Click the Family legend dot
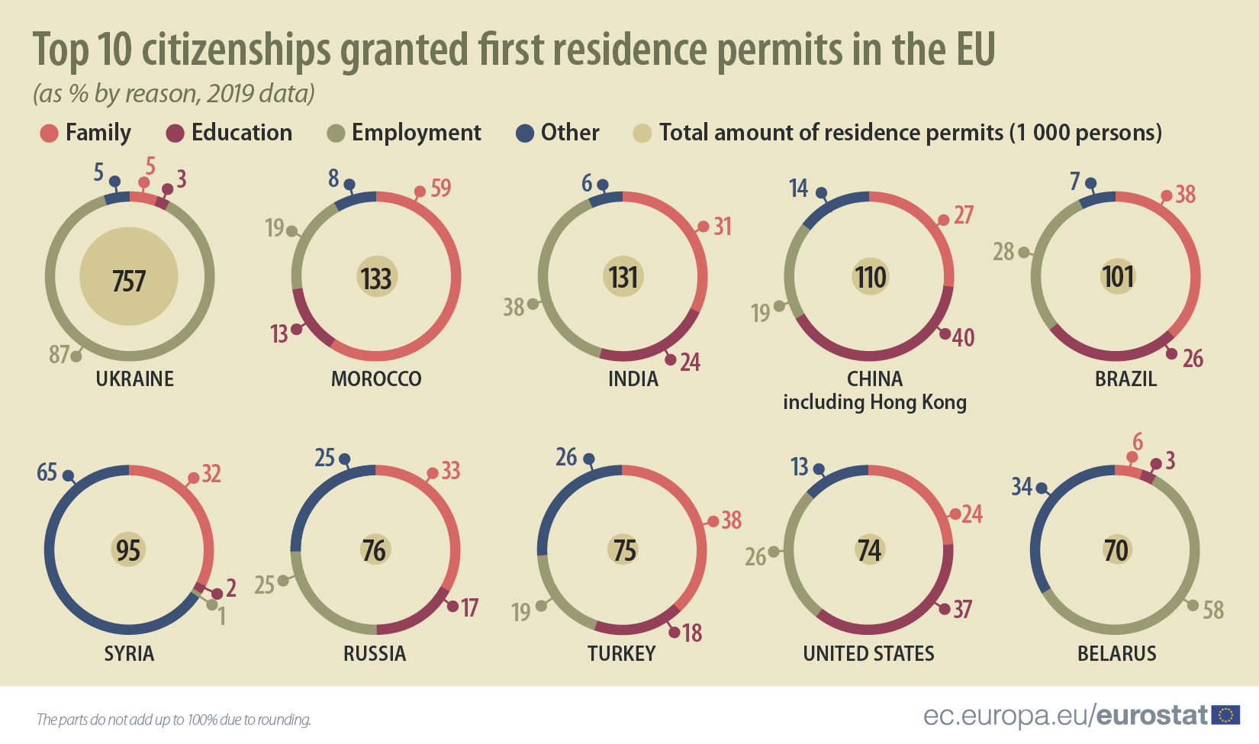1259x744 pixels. [49, 134]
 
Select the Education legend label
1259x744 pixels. [241, 133]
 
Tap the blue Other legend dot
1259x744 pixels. [524, 134]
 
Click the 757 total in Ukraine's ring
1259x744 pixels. [128, 281]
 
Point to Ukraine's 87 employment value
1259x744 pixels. [59, 355]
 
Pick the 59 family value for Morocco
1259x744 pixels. [441, 188]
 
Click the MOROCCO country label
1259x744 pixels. [375, 379]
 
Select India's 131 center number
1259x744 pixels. [623, 277]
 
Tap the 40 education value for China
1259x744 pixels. [963, 337]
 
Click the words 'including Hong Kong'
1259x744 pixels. [874, 402]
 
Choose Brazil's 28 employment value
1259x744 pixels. [1003, 251]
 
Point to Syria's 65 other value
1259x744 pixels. [47, 472]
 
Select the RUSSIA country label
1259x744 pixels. [374, 654]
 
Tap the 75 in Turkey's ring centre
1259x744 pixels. [623, 550]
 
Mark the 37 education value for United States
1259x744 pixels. [962, 609]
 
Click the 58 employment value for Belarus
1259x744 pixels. [1213, 610]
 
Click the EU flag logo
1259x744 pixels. [1225, 715]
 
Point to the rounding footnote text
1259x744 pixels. [174, 720]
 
